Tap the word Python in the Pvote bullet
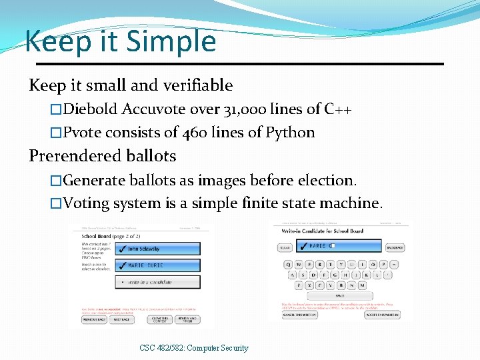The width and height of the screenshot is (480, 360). (x=290, y=132)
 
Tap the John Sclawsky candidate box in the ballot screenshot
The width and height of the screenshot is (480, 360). (x=157, y=249)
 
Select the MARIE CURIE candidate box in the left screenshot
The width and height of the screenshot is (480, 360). (x=157, y=265)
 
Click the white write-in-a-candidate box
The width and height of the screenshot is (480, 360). (x=157, y=282)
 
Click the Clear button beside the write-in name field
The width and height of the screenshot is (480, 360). (x=285, y=247)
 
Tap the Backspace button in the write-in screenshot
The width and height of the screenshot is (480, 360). (x=395, y=247)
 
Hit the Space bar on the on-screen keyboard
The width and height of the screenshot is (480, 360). (x=339, y=295)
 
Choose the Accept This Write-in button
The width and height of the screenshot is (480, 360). (x=383, y=314)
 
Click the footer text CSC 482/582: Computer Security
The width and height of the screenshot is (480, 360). (x=194, y=347)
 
